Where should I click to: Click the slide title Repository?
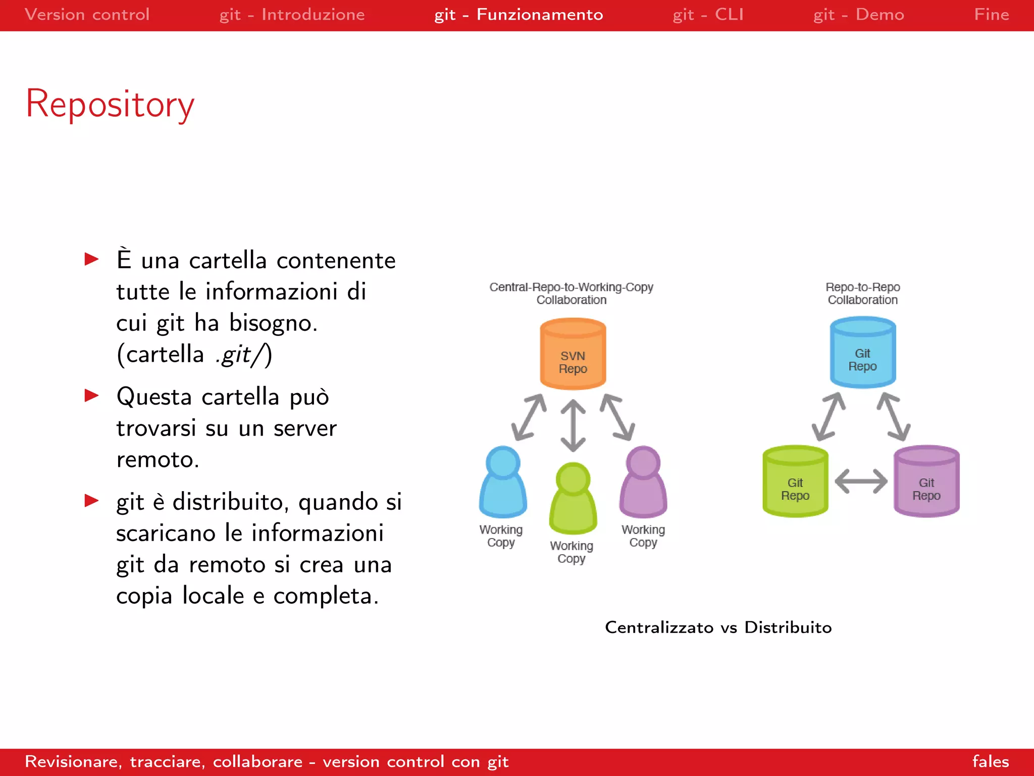(x=110, y=104)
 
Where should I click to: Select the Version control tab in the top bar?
(x=87, y=15)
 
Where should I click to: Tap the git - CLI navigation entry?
(x=708, y=15)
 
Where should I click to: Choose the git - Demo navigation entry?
(x=858, y=15)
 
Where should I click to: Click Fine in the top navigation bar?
(x=991, y=15)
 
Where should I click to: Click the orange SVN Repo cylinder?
(x=573, y=355)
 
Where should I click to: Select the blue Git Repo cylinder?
(x=862, y=353)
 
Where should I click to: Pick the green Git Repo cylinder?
(x=795, y=482)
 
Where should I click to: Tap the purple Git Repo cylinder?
(x=926, y=482)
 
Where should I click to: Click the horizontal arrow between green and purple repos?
(x=861, y=481)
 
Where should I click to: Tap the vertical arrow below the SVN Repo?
(x=573, y=425)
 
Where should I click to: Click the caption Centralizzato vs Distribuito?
(x=718, y=627)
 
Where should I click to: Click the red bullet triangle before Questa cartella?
(x=91, y=395)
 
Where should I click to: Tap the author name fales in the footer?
(x=990, y=761)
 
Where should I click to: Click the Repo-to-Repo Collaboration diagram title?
(x=862, y=294)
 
